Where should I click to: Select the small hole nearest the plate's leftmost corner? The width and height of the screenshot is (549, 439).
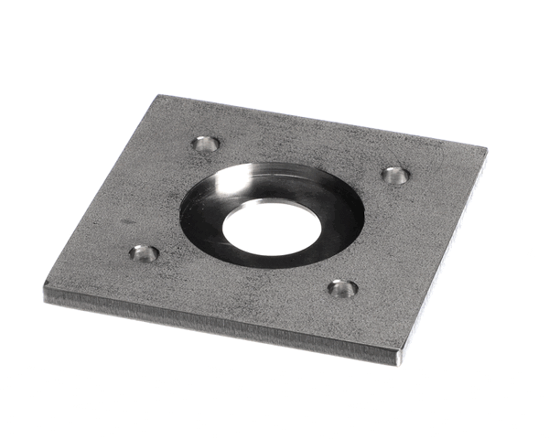tap(144, 252)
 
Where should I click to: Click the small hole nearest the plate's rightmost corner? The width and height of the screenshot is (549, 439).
tap(394, 175)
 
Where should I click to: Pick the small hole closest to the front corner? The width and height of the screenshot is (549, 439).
tap(342, 288)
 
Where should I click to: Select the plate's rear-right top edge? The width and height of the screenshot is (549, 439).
tap(320, 121)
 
